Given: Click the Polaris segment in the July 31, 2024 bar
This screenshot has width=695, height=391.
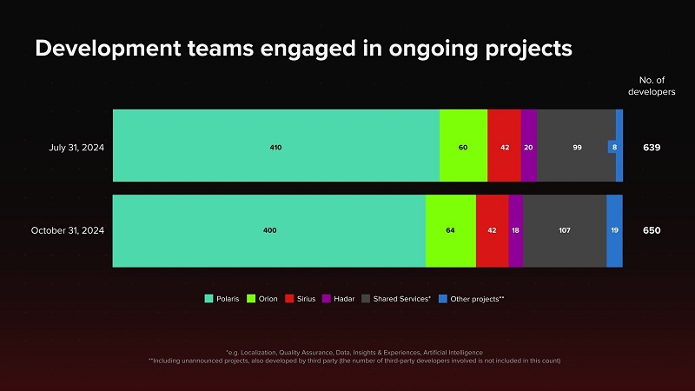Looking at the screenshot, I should [275, 146].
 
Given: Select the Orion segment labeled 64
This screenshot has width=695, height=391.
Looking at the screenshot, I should [450, 230].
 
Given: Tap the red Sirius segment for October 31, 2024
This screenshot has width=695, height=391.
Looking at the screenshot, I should [492, 230].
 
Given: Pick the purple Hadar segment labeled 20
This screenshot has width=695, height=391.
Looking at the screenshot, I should [528, 146].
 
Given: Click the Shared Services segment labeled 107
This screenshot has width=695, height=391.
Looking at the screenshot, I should [565, 230].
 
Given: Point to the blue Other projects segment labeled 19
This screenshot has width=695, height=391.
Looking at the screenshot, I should [614, 230].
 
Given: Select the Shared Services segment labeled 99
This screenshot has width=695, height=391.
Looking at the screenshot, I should [577, 146].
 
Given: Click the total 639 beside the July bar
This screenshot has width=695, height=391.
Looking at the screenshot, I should [652, 147].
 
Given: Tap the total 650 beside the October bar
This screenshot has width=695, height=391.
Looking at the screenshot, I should [652, 230].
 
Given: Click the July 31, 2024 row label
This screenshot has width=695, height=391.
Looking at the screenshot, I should [76, 147].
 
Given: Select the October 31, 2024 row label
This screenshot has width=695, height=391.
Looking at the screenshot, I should [68, 230].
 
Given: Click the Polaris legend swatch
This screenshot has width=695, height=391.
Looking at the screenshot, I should [208, 299].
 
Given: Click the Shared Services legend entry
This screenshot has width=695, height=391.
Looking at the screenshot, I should [397, 299].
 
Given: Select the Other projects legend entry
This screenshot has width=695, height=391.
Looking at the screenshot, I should [471, 299].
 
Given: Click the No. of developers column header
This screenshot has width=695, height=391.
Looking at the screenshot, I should [652, 85].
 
